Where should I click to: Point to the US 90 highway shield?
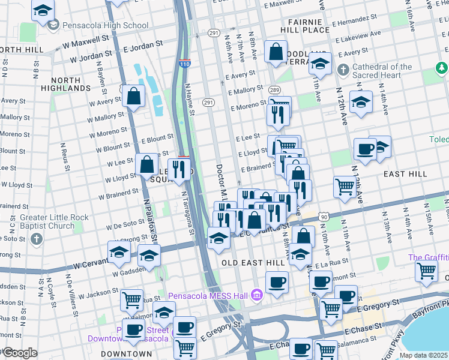tap(324, 216)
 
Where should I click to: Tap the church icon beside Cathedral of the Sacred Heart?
tap(343, 70)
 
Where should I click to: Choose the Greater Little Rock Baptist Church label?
tap(46, 221)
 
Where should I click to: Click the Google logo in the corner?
tap(20, 353)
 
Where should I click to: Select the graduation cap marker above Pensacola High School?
tap(43, 11)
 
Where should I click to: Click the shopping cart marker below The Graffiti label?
tap(426, 269)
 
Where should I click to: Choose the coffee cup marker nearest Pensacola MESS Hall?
tap(277, 281)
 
